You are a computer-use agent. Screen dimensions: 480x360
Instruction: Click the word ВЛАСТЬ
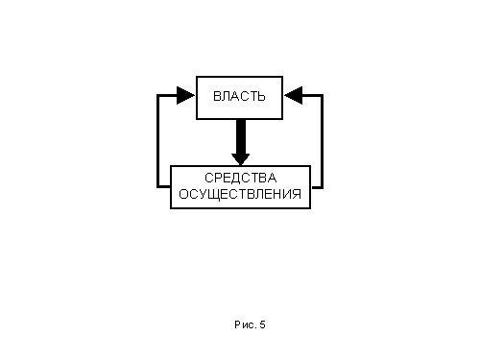[239, 96]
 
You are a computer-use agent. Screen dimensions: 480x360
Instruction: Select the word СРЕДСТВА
[241, 178]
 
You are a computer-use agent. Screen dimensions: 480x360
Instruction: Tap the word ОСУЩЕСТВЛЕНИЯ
[240, 194]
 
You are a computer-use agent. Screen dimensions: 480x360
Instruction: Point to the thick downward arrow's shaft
[241, 137]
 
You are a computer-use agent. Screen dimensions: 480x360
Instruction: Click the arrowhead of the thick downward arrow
[241, 159]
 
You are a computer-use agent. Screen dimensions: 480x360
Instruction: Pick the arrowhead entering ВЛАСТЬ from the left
[185, 95]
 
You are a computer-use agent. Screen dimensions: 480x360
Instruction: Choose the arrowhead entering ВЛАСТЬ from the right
[293, 95]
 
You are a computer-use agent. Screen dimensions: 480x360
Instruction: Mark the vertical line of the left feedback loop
[158, 141]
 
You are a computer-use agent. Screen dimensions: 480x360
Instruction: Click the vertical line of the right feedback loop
[322, 141]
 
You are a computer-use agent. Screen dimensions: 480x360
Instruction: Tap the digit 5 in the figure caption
[262, 324]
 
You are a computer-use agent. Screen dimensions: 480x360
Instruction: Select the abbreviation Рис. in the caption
[246, 324]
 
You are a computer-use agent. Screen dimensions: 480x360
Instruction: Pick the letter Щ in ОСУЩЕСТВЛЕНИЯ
[217, 195]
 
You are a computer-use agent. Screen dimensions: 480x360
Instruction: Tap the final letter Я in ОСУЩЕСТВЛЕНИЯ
[297, 194]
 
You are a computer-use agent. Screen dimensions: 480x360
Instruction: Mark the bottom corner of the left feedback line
[158, 186]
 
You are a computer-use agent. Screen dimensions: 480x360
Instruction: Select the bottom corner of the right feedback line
[322, 186]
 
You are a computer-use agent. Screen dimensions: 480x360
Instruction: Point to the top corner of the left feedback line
[158, 95]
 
